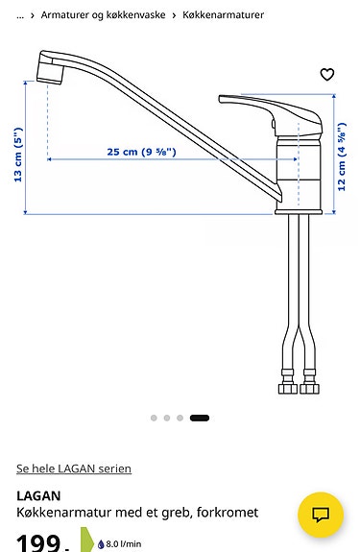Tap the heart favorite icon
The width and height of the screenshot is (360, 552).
[327, 75]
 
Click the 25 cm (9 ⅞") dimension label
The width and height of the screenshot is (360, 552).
[141, 152]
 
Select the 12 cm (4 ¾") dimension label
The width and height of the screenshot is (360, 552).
[342, 156]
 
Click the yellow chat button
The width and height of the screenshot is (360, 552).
[321, 514]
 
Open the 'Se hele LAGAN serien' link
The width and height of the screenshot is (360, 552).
[74, 468]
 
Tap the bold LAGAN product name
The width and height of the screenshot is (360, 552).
[38, 495]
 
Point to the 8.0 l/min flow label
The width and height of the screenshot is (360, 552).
[124, 543]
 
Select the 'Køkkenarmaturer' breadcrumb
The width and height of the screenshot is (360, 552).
[223, 15]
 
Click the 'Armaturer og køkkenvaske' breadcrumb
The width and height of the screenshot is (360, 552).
[103, 15]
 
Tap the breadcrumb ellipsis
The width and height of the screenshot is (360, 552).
[20, 15]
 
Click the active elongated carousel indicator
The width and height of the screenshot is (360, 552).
[200, 418]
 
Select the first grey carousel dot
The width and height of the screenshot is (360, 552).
[154, 418]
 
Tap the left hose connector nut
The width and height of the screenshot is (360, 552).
[286, 388]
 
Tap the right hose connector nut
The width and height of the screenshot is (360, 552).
[309, 388]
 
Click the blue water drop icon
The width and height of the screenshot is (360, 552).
[101, 543]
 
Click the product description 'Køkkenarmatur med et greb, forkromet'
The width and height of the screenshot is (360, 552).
[137, 513]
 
